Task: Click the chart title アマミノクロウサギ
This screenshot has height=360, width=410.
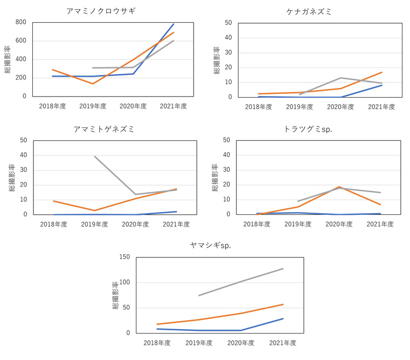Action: (x=101, y=11)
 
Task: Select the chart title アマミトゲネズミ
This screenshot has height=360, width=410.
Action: (x=104, y=130)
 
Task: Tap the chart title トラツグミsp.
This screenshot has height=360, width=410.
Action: (x=307, y=130)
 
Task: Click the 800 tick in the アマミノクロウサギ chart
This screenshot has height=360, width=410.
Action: (x=21, y=23)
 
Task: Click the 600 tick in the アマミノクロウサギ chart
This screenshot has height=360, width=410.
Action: (x=21, y=41)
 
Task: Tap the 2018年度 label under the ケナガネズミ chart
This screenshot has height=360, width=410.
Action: (x=259, y=107)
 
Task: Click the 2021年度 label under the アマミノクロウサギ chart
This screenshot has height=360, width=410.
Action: (x=174, y=106)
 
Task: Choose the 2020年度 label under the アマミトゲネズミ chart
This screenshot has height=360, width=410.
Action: (x=135, y=224)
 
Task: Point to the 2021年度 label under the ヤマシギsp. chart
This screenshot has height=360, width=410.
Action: (x=283, y=343)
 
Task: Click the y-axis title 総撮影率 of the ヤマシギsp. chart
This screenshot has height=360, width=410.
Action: (x=115, y=295)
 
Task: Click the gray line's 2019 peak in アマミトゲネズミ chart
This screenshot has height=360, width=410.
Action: (x=94, y=156)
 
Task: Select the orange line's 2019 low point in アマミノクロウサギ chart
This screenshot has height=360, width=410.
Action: (x=93, y=84)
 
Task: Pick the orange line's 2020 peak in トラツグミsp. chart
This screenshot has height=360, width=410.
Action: (x=339, y=187)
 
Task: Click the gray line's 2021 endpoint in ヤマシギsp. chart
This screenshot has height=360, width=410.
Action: (x=283, y=268)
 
